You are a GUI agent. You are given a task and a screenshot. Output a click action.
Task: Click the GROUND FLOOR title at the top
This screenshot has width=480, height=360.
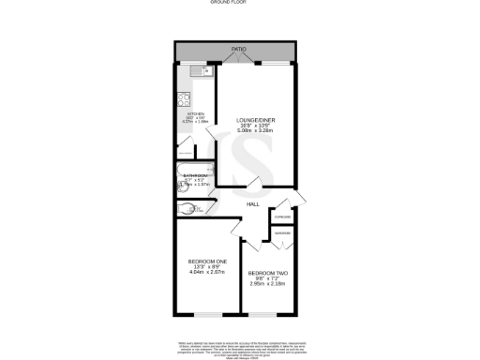[240, 3]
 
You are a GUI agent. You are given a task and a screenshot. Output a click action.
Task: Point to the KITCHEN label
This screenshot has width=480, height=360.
[194, 112]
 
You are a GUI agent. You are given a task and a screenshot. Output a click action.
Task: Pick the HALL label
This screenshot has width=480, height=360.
[253, 203]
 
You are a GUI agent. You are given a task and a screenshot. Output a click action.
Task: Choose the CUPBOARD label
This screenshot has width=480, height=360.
[282, 217]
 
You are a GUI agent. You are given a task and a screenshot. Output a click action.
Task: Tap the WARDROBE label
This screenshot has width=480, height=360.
[282, 233]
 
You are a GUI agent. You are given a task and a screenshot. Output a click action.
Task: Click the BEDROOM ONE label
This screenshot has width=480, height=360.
[207, 260]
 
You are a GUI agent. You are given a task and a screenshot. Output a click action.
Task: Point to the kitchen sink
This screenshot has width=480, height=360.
[197, 70]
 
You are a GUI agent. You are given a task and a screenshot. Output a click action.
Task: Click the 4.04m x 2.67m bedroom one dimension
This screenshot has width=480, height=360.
[207, 273]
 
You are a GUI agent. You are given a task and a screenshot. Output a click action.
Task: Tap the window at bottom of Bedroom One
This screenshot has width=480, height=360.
[207, 312]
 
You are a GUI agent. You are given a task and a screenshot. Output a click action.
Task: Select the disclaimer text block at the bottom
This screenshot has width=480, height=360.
[240, 349]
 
